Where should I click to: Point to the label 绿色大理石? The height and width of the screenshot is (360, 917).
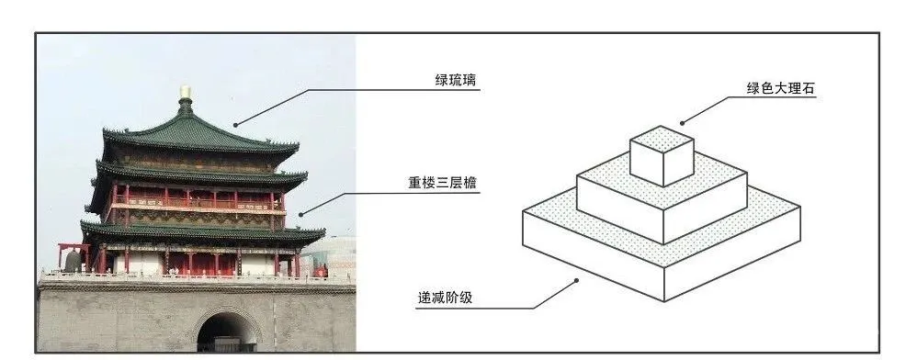pos(781,89)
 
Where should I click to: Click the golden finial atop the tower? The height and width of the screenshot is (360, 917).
pos(186,93)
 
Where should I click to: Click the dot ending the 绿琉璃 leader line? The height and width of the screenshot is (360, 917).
pos(236,124)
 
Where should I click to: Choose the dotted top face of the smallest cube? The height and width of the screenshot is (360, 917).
pos(662,139)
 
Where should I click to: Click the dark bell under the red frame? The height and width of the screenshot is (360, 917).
pos(73,261)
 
